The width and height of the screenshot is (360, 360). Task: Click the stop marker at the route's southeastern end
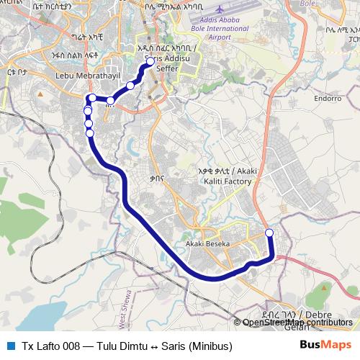(269, 233)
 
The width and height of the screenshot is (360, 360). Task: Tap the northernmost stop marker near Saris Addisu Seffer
(150, 62)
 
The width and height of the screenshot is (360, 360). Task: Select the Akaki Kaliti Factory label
(225, 176)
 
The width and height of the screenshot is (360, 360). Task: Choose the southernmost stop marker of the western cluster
(89, 132)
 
